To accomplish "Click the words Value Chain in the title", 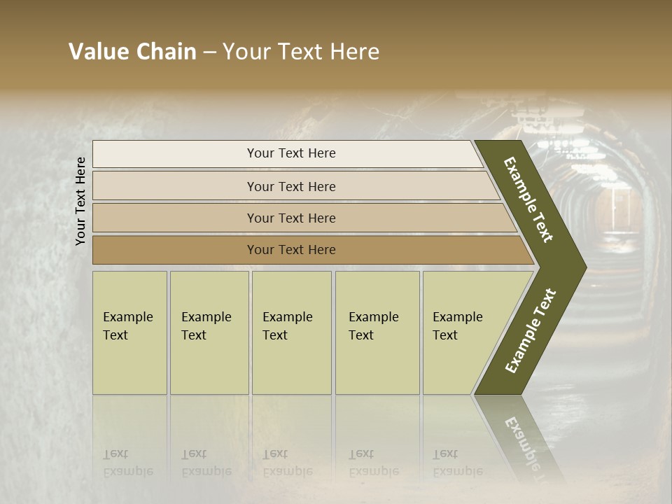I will (132, 52).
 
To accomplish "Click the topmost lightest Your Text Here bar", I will (291, 153).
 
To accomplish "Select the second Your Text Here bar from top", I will (291, 186).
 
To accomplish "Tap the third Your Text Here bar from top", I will (291, 218).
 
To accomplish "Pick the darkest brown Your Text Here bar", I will (291, 250).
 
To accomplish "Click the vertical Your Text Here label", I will (81, 201).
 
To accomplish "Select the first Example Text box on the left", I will (129, 332).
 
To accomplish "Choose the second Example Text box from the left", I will (209, 332).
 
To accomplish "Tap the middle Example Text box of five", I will (290, 332).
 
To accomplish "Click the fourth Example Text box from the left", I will (377, 332).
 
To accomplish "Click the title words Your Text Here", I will (301, 52).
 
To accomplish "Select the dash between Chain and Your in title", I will (209, 52).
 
